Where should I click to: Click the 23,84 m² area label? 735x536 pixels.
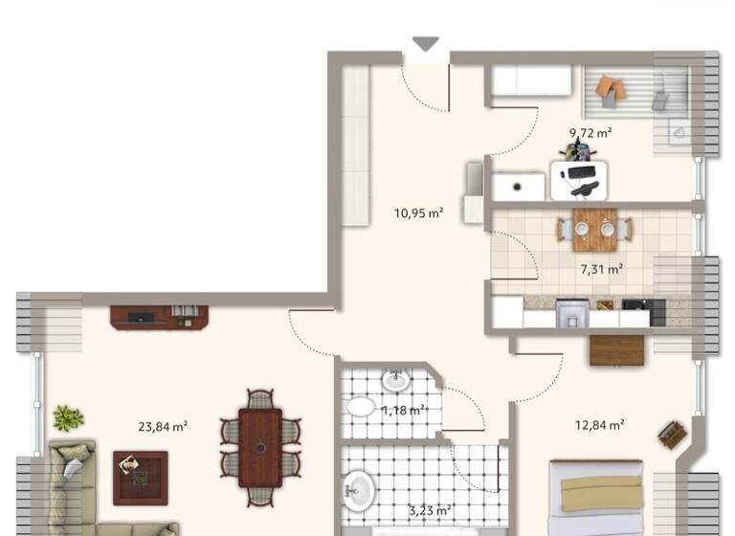(x=161, y=427)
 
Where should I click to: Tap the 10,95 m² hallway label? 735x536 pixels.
(x=418, y=213)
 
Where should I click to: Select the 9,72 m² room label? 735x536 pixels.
(x=590, y=133)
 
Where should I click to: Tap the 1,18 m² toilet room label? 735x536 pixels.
(x=404, y=411)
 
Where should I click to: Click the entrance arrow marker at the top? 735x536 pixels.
(x=425, y=43)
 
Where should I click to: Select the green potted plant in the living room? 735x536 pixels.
(x=68, y=417)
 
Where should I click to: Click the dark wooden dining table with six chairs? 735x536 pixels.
(x=259, y=447)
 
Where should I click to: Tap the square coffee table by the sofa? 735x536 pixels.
(x=140, y=477)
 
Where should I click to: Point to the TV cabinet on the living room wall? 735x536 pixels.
(x=159, y=317)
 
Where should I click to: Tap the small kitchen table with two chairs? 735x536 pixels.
(x=594, y=229)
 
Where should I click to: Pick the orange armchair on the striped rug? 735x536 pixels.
(x=610, y=89)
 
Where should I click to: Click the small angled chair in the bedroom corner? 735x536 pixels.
(x=673, y=435)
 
